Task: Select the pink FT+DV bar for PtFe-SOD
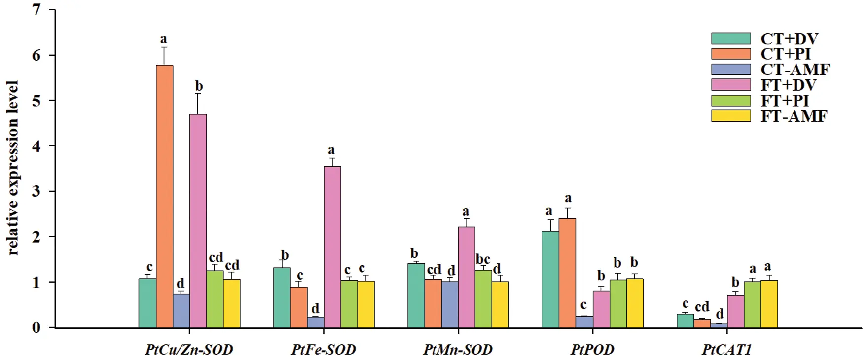332,247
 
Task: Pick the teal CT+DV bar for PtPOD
550,279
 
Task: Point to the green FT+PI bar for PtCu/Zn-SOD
215,299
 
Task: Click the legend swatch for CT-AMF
731,70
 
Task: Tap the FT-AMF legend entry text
794,116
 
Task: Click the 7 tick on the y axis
37,10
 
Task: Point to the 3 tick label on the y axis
37,191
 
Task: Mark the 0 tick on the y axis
37,327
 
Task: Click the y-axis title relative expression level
13,168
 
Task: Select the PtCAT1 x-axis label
726,350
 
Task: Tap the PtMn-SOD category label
458,350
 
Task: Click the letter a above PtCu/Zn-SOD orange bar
164,39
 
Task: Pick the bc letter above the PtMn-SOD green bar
482,259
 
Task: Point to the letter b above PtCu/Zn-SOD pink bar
198,86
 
